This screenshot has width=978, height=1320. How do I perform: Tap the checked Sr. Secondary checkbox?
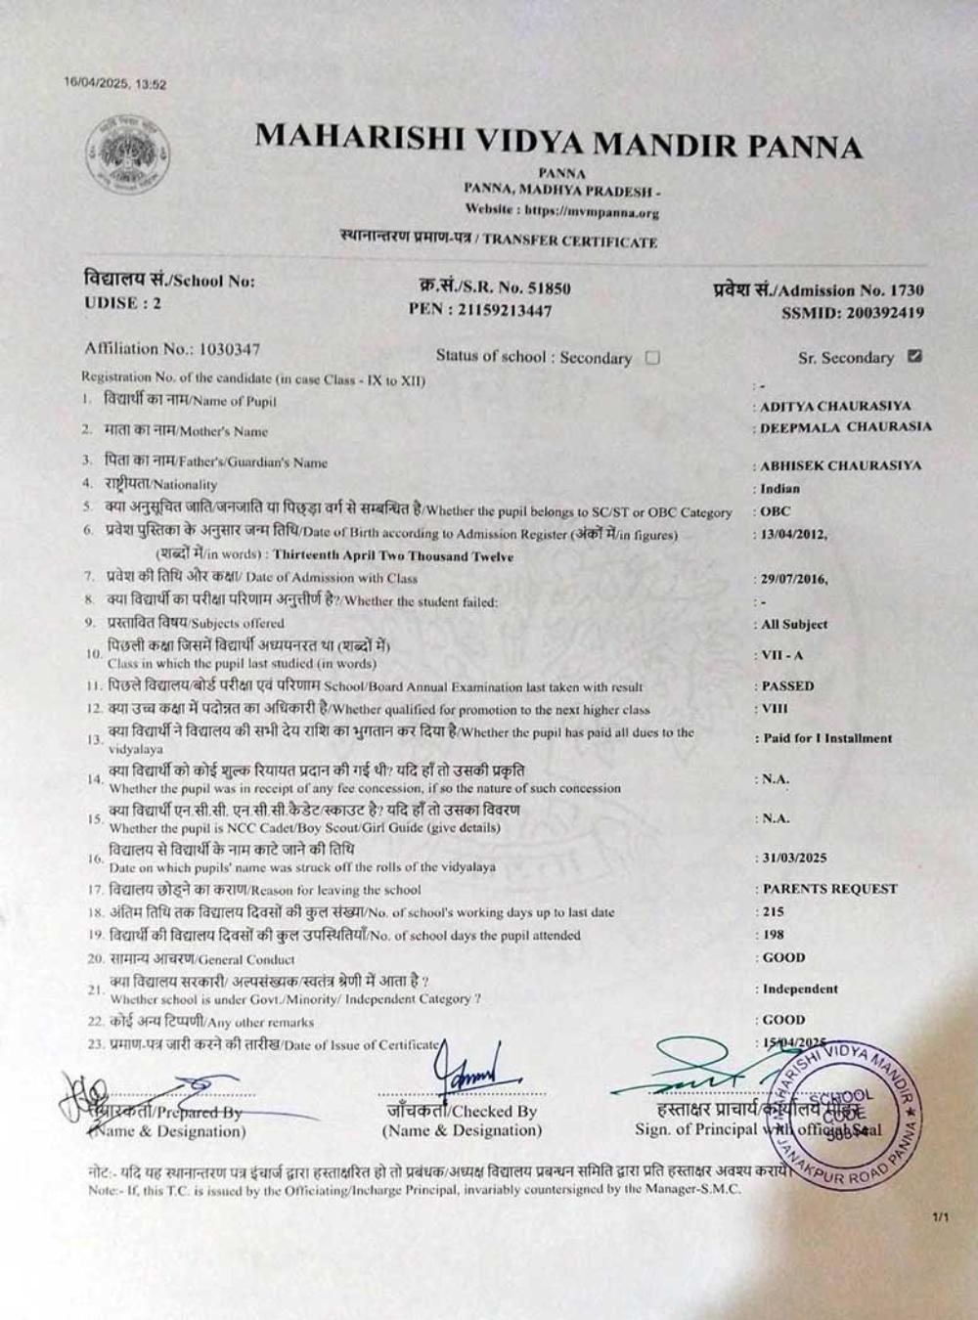[914, 356]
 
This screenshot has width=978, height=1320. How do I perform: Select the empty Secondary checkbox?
[652, 357]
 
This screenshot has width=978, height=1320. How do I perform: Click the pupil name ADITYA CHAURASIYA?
[835, 405]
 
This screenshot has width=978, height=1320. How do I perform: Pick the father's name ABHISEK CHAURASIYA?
[840, 465]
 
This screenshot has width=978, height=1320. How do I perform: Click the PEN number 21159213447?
[498, 310]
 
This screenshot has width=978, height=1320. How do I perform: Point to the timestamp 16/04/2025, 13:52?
[115, 84]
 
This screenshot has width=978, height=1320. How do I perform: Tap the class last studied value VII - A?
[782, 655]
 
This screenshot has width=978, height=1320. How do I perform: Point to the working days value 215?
[774, 911]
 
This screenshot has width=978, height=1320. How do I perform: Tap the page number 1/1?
[941, 1217]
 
